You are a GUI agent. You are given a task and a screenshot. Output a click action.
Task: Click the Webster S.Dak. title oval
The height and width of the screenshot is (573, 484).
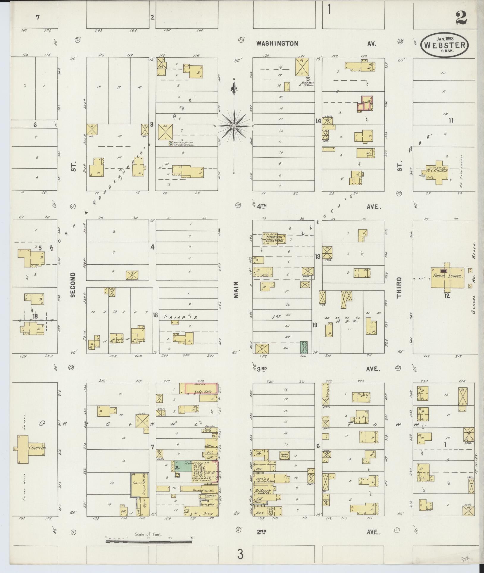[444, 45]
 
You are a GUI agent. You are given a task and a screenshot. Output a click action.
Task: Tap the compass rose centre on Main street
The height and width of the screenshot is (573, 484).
[234, 126]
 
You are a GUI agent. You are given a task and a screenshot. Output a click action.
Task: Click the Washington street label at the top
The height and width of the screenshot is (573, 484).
[277, 43]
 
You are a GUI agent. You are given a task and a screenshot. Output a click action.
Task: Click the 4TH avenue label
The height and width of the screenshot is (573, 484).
[263, 206]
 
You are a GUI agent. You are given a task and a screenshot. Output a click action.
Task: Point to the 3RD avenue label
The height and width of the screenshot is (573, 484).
[262, 369]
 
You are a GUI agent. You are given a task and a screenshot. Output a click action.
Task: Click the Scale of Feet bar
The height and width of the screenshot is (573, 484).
[149, 541]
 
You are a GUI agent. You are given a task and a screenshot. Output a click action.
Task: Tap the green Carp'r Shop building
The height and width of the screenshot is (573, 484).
[304, 347]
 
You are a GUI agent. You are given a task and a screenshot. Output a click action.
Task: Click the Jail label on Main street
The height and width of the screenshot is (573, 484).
[209, 446]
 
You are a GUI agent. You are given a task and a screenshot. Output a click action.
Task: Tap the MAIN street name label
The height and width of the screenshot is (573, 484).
[236, 290]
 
